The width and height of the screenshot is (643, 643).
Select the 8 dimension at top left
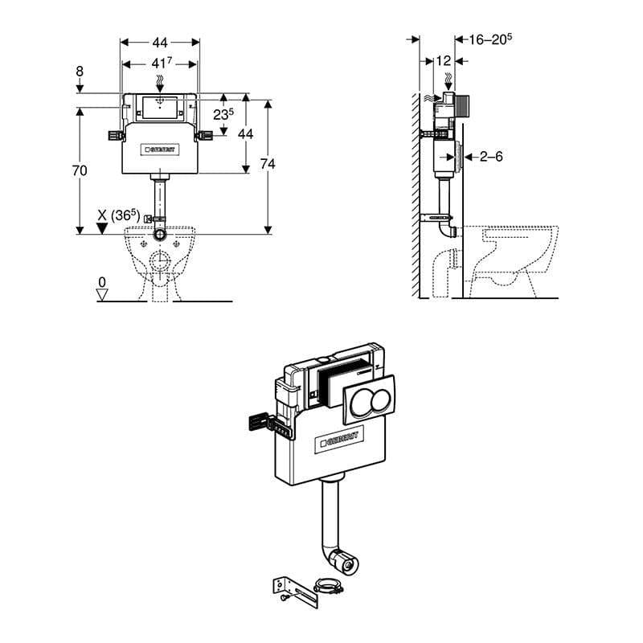[80, 72]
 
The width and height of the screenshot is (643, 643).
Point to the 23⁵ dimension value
[223, 114]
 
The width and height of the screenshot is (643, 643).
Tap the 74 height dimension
[268, 164]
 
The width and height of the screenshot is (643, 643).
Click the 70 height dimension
[80, 170]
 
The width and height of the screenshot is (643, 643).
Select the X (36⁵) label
[119, 215]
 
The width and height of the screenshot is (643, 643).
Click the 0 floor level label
[101, 282]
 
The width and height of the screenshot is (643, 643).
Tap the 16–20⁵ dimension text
[490, 38]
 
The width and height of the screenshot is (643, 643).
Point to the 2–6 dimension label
[490, 157]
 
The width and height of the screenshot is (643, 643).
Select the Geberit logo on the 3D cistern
[342, 438]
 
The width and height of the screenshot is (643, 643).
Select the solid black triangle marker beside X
[102, 229]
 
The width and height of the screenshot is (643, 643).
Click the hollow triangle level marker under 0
[101, 295]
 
